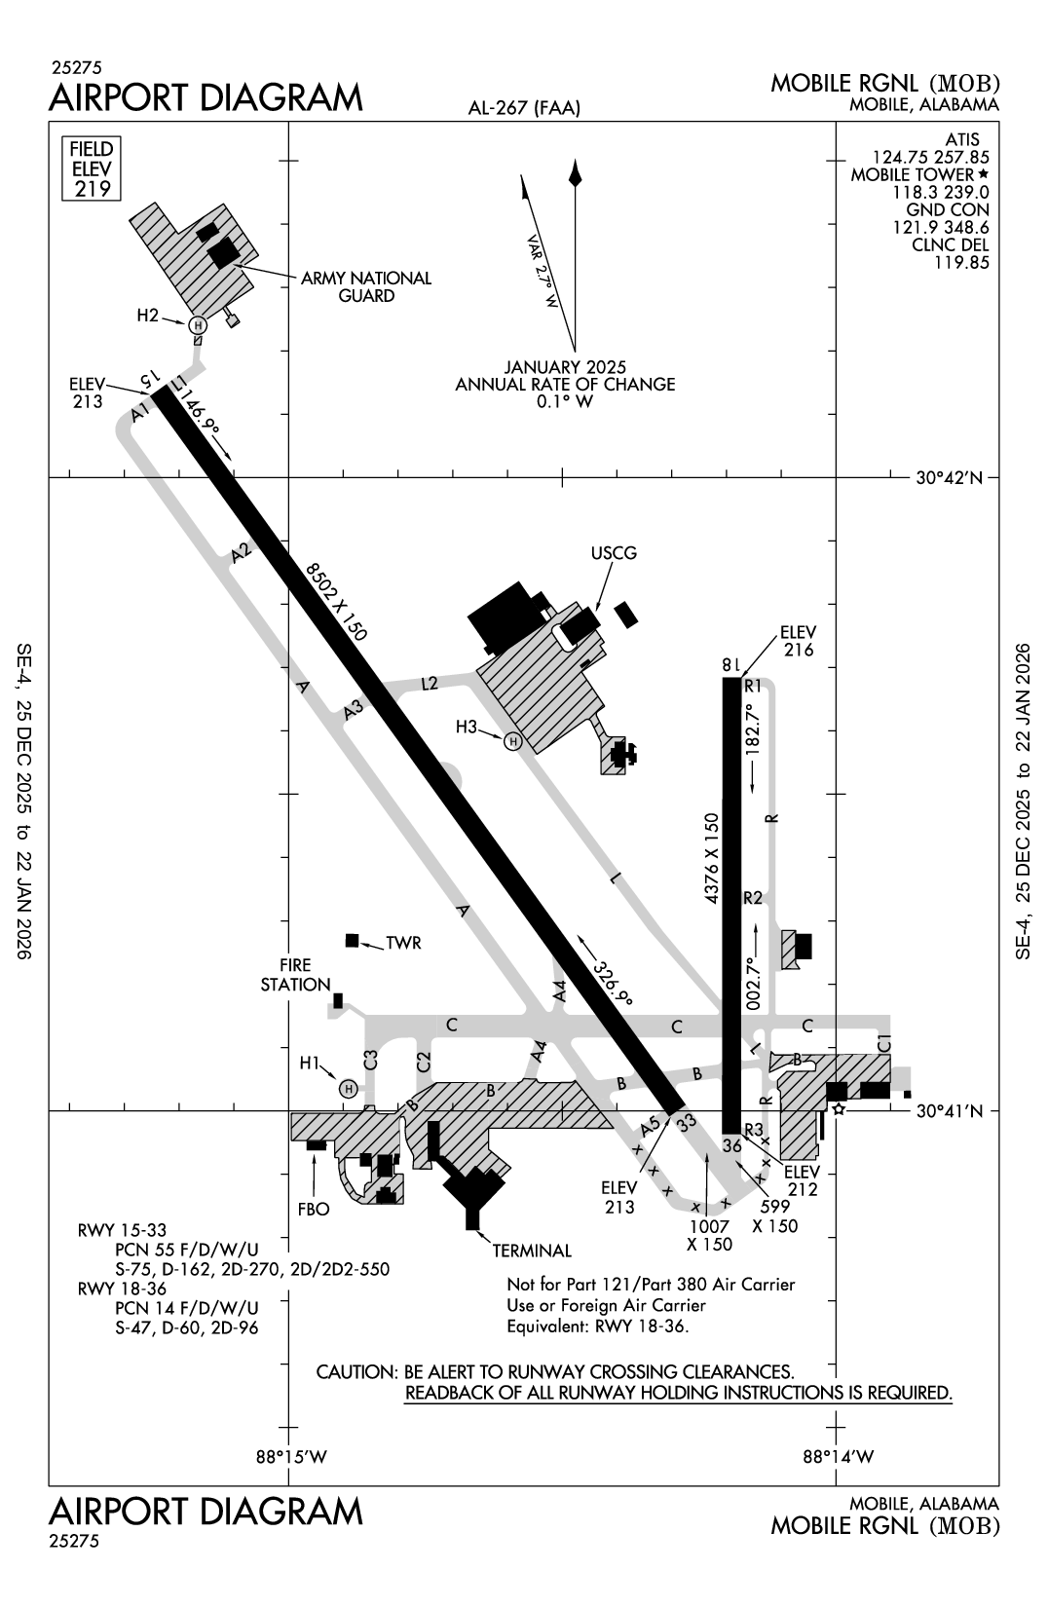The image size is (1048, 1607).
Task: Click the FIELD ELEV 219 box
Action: coord(92,168)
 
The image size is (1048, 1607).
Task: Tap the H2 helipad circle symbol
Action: coord(198,324)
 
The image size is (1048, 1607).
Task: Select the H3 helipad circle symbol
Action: coord(512,742)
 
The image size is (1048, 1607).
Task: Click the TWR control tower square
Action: coord(353,940)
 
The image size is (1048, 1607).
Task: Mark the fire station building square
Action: coord(338,999)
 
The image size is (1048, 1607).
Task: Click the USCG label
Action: coord(614,553)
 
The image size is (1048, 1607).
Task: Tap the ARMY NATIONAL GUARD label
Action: coord(366,287)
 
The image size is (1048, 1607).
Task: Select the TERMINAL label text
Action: coord(532,1252)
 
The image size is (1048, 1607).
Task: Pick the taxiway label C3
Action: coord(370,1061)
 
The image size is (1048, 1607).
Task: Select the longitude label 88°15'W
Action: coord(290,1458)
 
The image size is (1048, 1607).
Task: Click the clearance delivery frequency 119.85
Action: coord(962,262)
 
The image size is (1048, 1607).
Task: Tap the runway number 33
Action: coord(687,1123)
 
